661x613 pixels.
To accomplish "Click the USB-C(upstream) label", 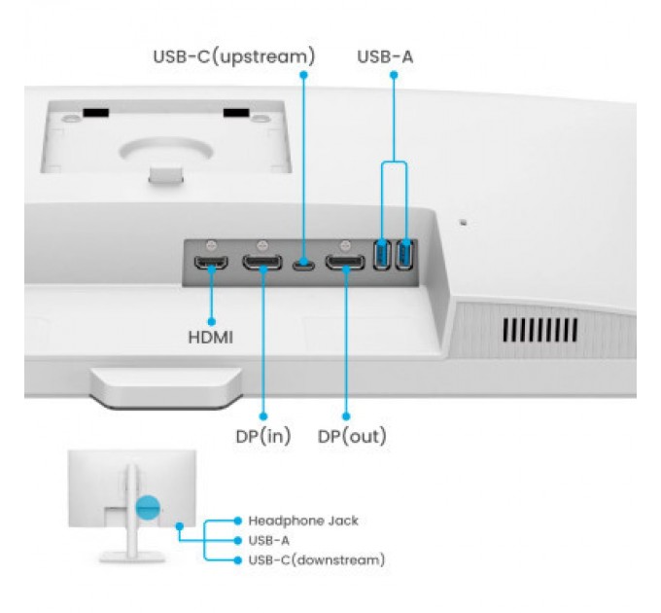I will coord(233,56).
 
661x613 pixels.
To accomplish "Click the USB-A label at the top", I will coord(385,56).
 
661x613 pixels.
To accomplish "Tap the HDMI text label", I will coord(210,339).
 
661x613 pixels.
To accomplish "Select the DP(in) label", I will coord(262,435).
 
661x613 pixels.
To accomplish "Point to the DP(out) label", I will coord(352,435).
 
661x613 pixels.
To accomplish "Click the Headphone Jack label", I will coord(302,521).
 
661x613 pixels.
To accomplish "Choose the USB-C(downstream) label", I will coord(316,559).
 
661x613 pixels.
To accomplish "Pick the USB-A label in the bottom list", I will coord(268,540).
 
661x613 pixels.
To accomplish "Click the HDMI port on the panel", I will coord(209,264).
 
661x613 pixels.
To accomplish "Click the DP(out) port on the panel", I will coord(345,264).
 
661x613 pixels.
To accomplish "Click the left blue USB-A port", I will coord(382,255).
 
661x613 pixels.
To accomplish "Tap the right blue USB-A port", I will coord(404,255).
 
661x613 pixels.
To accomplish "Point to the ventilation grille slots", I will coord(539,329).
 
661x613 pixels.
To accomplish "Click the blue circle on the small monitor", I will coord(148,506).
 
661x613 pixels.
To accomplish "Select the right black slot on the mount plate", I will coord(236,114).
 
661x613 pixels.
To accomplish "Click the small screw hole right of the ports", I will coord(463,223).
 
